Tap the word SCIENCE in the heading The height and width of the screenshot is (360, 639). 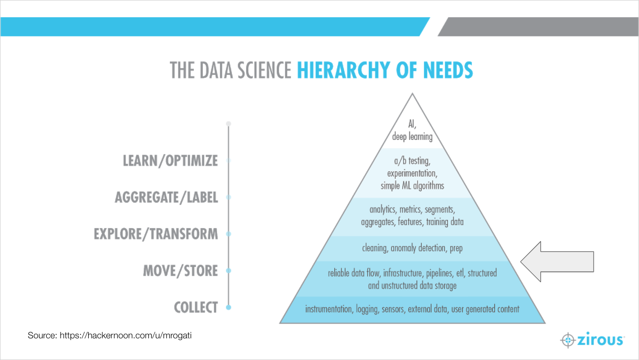(264, 70)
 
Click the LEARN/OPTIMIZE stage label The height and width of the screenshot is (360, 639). (170, 161)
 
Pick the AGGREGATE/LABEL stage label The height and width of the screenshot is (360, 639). (166, 197)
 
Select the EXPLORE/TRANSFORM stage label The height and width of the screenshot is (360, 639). (156, 234)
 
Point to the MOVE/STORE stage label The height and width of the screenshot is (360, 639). (181, 271)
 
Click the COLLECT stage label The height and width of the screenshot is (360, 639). (196, 307)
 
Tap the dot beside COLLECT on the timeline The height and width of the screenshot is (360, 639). (228, 307)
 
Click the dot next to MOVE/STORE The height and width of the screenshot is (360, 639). (228, 271)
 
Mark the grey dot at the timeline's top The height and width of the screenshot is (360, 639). (228, 124)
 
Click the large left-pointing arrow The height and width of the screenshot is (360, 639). (557, 262)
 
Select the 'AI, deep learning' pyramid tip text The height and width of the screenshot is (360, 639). (412, 131)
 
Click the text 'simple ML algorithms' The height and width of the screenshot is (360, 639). (412, 186)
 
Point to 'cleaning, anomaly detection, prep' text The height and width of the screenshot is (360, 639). (412, 248)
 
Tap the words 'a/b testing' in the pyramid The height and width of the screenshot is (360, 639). (412, 161)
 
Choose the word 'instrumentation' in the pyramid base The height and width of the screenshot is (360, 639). (328, 309)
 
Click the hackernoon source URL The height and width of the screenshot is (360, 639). (126, 335)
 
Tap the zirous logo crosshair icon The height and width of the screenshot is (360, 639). (568, 340)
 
